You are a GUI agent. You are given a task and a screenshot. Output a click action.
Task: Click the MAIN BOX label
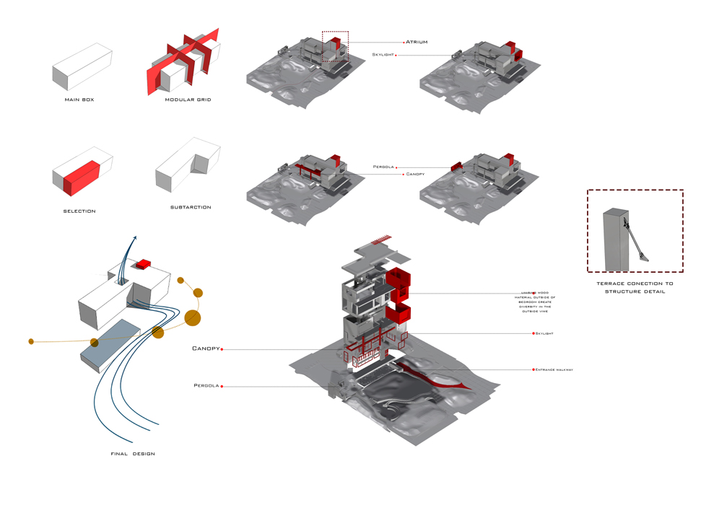coord(79,100)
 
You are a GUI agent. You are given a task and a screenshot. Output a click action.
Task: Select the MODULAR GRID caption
coord(188,100)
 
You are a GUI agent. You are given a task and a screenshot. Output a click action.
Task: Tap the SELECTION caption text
coord(79,211)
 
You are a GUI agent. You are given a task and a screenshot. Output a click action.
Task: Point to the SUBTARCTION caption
coord(191,207)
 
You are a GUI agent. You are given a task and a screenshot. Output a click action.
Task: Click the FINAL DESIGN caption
coord(133,454)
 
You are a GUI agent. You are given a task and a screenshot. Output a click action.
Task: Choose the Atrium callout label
coord(417,43)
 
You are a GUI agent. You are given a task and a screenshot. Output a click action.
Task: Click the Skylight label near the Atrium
coord(383,55)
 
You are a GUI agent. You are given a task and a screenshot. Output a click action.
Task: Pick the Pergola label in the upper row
coord(383,167)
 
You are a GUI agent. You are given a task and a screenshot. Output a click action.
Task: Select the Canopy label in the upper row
coord(415,174)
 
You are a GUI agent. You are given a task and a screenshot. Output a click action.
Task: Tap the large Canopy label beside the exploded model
coord(205,349)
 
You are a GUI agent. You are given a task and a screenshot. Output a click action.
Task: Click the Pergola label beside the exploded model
coord(206,386)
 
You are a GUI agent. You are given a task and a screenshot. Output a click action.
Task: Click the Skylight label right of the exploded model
coord(544,333)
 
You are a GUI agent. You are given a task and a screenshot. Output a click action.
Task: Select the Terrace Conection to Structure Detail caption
coord(635,288)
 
